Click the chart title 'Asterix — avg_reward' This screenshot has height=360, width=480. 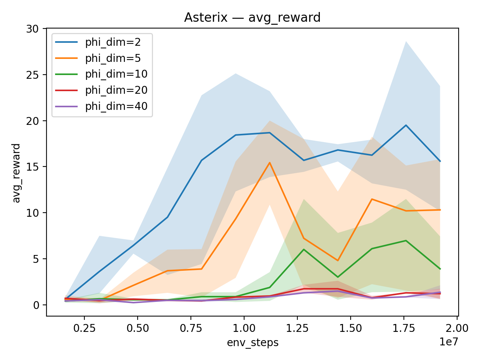[x=252, y=18]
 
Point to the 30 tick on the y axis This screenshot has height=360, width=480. [x=34, y=29]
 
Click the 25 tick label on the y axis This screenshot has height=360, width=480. [x=34, y=75]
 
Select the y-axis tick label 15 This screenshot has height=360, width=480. [x=34, y=167]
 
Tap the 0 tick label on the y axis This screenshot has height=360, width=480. [x=37, y=305]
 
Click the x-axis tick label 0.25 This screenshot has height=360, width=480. [x=84, y=328]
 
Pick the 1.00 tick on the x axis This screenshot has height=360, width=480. [x=244, y=328]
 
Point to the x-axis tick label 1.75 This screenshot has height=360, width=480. [x=404, y=328]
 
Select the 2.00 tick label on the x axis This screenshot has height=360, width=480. [x=457, y=328]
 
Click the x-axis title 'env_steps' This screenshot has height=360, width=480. [x=252, y=343]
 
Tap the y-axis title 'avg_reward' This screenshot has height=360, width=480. [x=16, y=173]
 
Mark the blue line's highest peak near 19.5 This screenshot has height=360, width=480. [x=405, y=125]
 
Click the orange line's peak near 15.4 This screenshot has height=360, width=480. [x=270, y=163]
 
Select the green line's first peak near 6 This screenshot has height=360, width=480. [x=303, y=249]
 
